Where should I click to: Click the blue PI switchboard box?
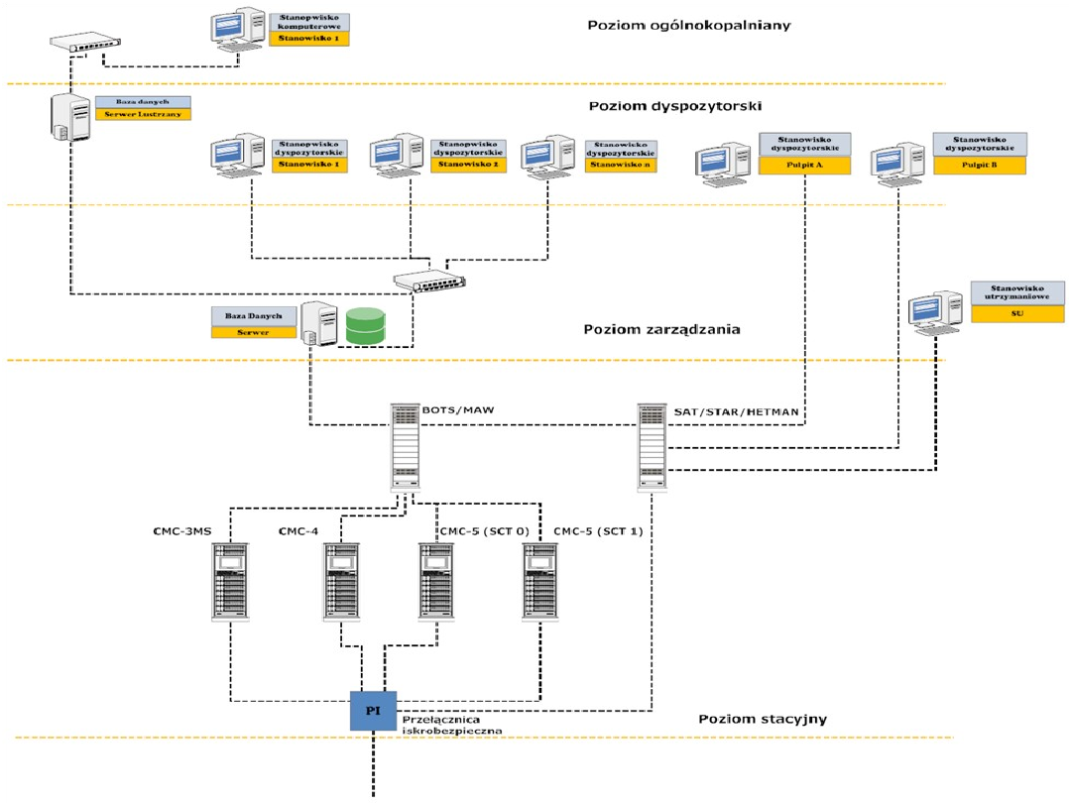(x=373, y=711)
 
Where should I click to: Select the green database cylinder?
(x=365, y=327)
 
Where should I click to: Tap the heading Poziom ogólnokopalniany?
(x=688, y=26)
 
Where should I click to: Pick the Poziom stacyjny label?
(x=763, y=720)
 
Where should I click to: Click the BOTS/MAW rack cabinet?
(x=405, y=446)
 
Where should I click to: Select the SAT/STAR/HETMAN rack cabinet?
(x=651, y=446)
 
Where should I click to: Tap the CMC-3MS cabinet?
(x=230, y=581)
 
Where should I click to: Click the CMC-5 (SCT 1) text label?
(x=598, y=530)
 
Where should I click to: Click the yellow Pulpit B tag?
(x=978, y=167)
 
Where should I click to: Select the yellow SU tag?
(x=1016, y=313)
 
